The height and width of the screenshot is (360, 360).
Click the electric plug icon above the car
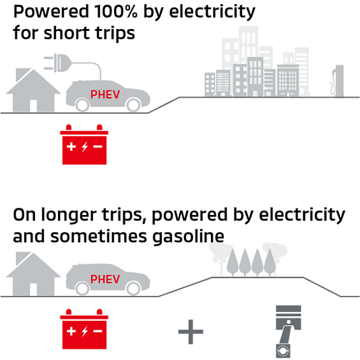click(x=57, y=63)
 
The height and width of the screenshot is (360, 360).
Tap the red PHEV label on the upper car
click(x=105, y=94)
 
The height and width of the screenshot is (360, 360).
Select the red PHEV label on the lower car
click(x=105, y=279)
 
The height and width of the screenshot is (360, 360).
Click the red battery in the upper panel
click(x=84, y=144)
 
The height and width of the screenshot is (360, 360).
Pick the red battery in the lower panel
click(x=84, y=329)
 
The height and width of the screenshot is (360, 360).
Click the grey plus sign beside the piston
click(x=191, y=332)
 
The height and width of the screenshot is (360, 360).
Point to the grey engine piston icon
click(x=288, y=331)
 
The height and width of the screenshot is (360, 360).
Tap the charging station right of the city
click(x=337, y=81)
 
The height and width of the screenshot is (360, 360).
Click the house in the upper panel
click(x=34, y=90)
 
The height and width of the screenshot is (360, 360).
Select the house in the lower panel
click(x=34, y=274)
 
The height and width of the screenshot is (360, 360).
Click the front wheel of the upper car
click(x=133, y=104)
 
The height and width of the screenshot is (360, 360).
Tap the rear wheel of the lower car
click(x=82, y=288)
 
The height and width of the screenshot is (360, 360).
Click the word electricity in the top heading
click(x=212, y=11)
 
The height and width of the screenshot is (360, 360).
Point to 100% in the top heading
click(x=116, y=11)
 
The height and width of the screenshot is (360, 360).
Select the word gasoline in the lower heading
click(x=188, y=237)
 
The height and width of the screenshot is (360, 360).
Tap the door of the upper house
click(x=34, y=106)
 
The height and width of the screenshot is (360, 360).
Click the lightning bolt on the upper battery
click(x=85, y=146)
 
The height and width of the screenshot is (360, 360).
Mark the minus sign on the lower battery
click(x=98, y=331)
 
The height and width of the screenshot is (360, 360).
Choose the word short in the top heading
click(x=67, y=33)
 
